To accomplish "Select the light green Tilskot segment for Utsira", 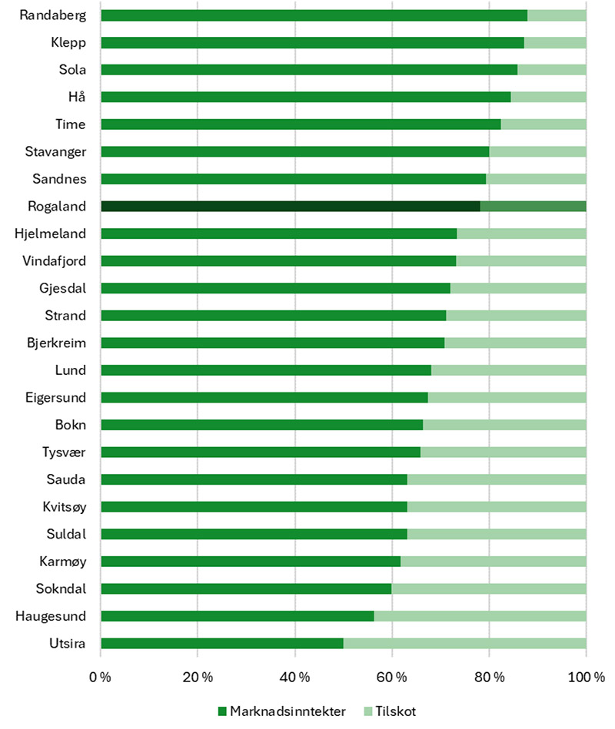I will point(464,644).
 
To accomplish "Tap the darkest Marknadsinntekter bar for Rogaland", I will point(290,206).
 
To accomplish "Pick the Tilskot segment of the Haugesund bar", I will point(480,616).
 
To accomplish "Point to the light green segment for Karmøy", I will point(493,562).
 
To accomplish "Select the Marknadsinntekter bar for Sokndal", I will point(246,589).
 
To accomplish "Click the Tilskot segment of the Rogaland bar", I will point(533,206).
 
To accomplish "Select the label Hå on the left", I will point(76,97).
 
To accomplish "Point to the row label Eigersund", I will point(55,398).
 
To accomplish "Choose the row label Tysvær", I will point(65,452).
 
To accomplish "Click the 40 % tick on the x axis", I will point(295,677).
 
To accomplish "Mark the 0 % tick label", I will point(100,677).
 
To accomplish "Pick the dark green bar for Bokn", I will point(261,425).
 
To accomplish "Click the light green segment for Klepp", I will point(554,42).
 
